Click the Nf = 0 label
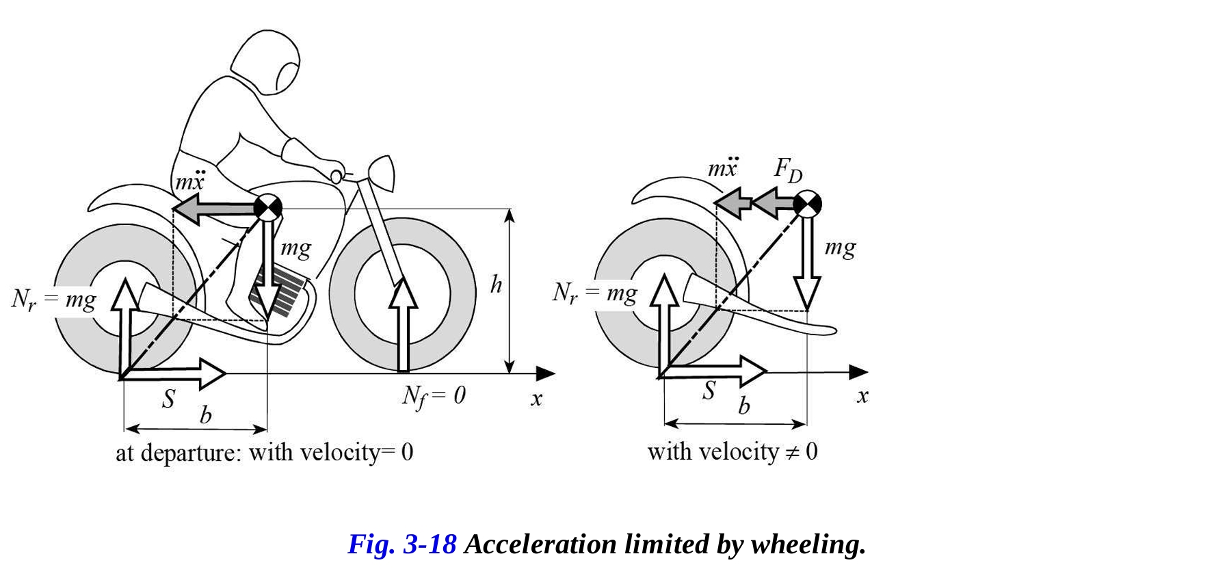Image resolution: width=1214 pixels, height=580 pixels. tap(434, 395)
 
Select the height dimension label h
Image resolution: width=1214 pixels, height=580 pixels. tap(496, 285)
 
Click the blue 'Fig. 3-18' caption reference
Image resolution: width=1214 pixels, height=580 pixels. tap(401, 544)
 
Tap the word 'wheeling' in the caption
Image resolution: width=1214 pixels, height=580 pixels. tap(808, 544)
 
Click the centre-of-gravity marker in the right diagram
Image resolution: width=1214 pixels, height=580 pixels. tap(807, 203)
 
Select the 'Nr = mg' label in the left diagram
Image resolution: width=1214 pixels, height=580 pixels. tap(54, 300)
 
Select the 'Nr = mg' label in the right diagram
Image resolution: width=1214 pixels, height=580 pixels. tap(594, 293)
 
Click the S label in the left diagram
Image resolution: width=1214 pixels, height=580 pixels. tap(168, 399)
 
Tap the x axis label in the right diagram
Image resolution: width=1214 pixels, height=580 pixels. tap(862, 396)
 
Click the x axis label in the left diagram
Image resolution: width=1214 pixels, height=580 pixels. tap(536, 399)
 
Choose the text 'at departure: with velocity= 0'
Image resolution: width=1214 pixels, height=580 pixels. tap(264, 453)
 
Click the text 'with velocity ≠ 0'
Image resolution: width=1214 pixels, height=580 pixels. tap(733, 451)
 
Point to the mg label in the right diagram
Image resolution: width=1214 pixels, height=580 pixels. tap(840, 247)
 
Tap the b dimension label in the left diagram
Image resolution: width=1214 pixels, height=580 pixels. tap(205, 415)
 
